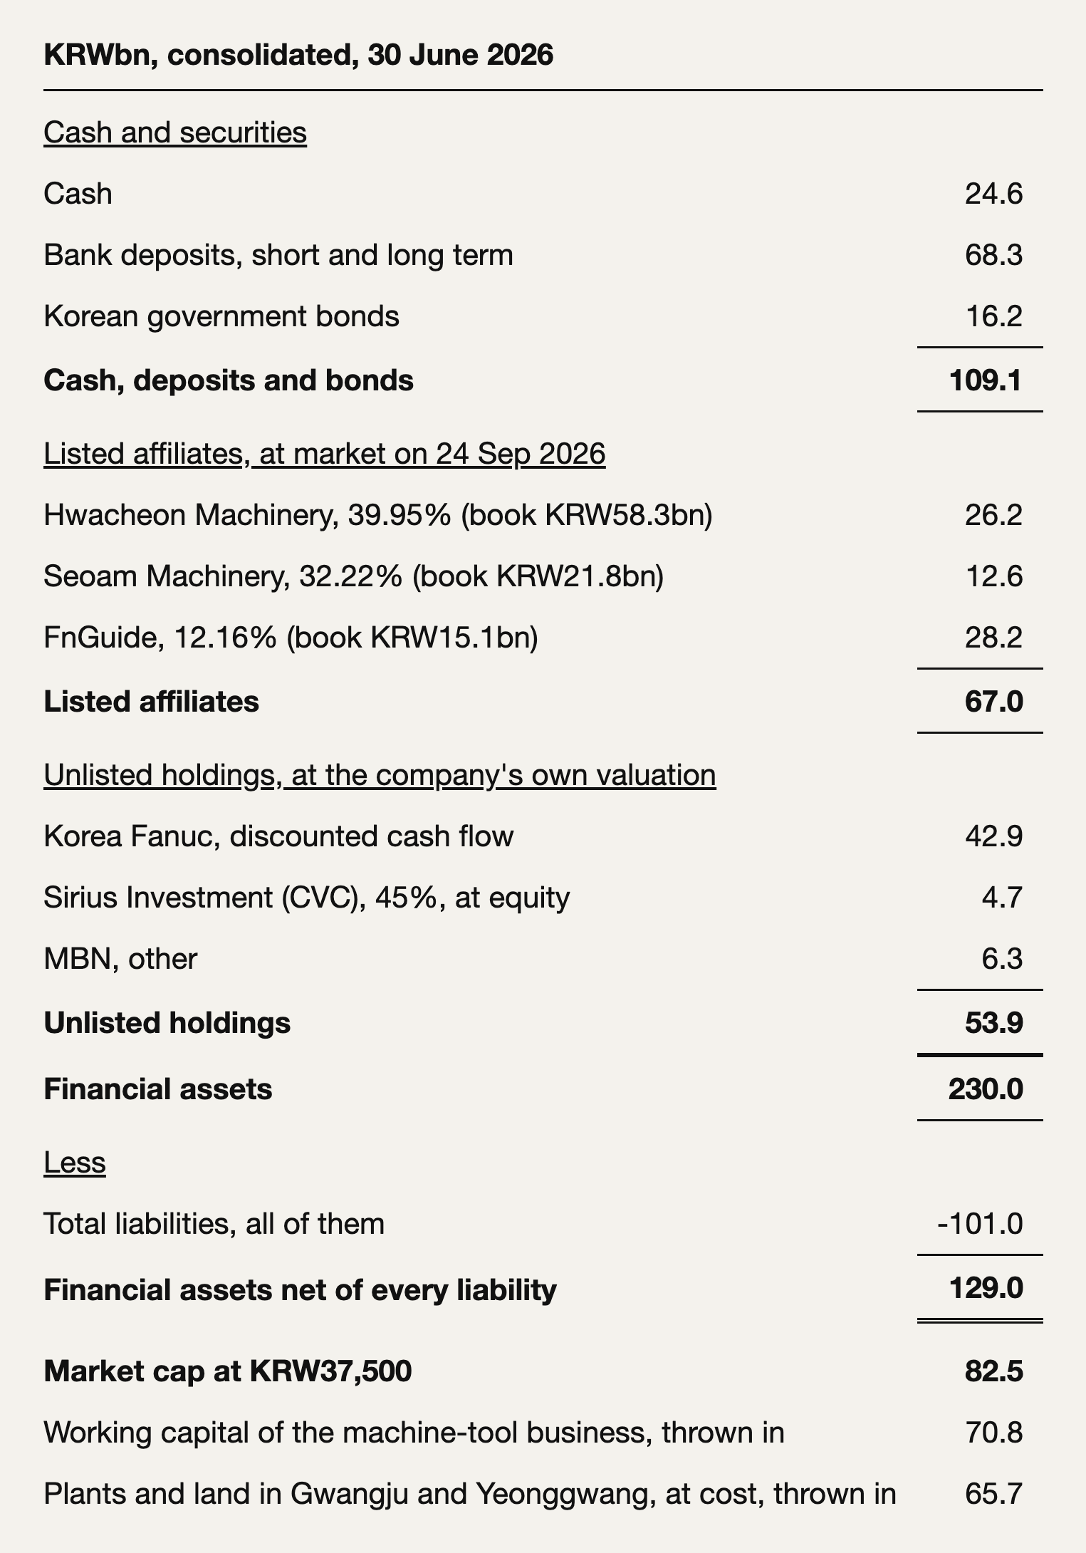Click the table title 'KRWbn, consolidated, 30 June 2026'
[x=298, y=55]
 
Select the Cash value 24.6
[x=993, y=194]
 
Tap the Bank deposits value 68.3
[x=993, y=255]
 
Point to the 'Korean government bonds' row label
[x=221, y=316]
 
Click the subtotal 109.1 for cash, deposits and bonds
[x=986, y=380]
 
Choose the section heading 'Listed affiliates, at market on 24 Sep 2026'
[x=325, y=454]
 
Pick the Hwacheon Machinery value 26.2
[x=993, y=515]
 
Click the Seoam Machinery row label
[x=354, y=576]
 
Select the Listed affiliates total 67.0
[x=994, y=702]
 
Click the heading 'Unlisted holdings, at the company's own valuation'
[x=380, y=775]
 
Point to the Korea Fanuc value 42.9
[x=993, y=836]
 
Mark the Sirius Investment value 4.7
[x=1002, y=898]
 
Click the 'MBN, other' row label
[x=120, y=959]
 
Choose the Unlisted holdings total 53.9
[x=994, y=1023]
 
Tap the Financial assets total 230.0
[x=986, y=1089]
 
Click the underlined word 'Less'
[x=75, y=1163]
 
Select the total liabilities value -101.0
[x=981, y=1224]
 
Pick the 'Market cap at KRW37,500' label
[x=228, y=1371]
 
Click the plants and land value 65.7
[x=993, y=1493]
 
